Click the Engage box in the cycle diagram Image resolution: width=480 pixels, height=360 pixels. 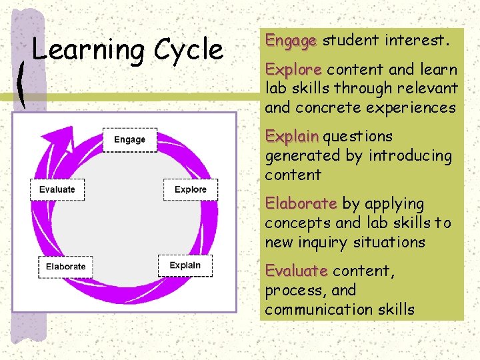click(130, 139)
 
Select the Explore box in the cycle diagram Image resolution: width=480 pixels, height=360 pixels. click(191, 189)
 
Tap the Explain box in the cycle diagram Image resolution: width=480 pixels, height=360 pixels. click(185, 265)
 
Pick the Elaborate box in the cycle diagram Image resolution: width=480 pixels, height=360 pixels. click(66, 267)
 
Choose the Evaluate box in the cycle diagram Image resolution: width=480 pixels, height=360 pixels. click(57, 189)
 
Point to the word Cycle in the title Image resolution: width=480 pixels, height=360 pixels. click(189, 51)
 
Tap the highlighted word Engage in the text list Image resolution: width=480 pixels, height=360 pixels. click(291, 41)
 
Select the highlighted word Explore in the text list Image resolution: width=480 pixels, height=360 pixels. click(293, 69)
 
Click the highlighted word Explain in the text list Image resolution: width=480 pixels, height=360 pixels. click(292, 137)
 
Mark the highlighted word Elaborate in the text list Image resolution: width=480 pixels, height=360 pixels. click(301, 204)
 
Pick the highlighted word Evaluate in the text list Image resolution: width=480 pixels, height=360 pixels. click(296, 271)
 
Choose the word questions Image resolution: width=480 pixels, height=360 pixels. click(358, 137)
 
